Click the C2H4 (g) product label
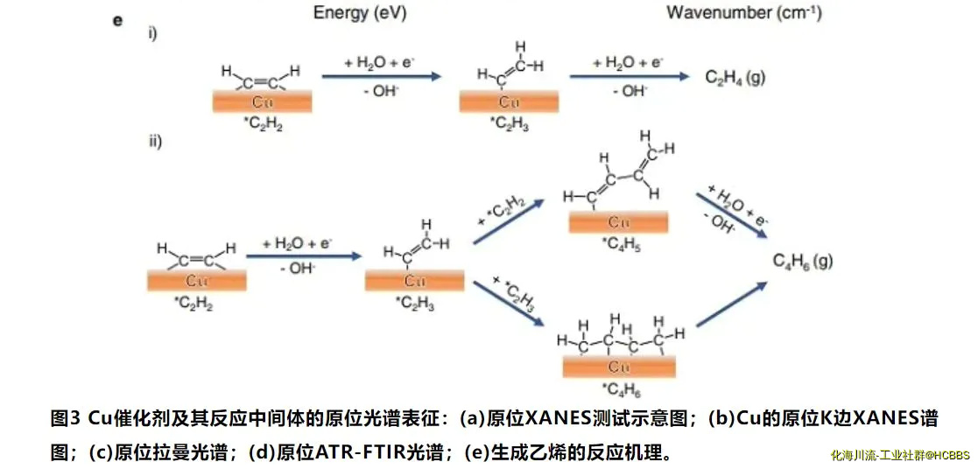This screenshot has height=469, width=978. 735,77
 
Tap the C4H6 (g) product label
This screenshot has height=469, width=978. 802,261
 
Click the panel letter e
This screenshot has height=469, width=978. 117,19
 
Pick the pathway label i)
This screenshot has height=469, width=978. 151,35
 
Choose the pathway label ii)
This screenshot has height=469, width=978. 154,141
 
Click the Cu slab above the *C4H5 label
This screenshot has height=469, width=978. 618,223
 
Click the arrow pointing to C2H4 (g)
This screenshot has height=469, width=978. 629,77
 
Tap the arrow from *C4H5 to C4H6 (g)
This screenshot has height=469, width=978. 731,214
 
